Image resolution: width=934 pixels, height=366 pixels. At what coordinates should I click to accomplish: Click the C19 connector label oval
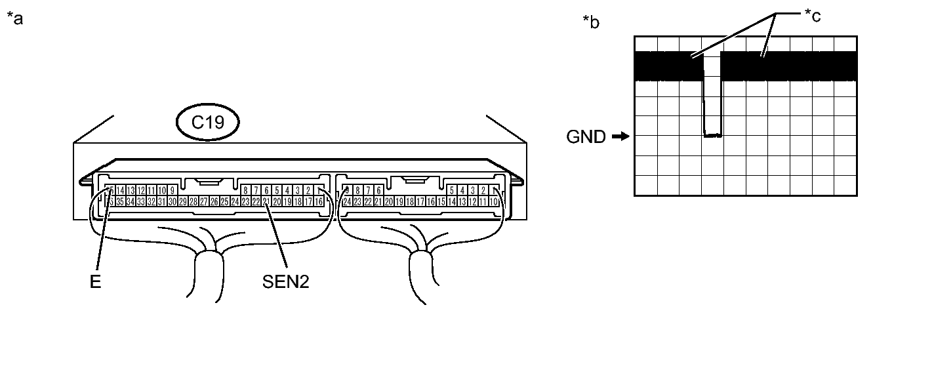pyautogui.click(x=207, y=123)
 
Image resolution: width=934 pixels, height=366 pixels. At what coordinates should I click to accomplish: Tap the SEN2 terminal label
pyautogui.click(x=285, y=282)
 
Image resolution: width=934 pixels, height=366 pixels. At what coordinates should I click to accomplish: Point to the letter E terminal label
pyautogui.click(x=96, y=282)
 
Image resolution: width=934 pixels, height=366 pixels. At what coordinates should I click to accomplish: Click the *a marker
pyautogui.click(x=14, y=18)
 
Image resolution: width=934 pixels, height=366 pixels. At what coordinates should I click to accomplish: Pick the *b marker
pyautogui.click(x=591, y=22)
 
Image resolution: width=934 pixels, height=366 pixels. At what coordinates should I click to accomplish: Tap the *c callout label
pyautogui.click(x=812, y=16)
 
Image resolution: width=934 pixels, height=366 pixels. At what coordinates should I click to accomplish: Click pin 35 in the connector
pyautogui.click(x=121, y=201)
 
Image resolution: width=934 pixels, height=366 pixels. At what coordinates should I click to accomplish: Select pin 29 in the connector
pyautogui.click(x=182, y=201)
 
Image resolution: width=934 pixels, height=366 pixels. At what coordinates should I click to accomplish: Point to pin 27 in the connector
pyautogui.click(x=203, y=201)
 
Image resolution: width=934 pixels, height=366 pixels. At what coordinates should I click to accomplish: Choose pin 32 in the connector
pyautogui.click(x=152, y=201)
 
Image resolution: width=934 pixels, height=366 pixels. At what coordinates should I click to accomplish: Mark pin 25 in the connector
pyautogui.click(x=224, y=201)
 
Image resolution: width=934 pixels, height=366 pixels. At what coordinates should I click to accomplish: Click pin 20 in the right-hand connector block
pyautogui.click(x=389, y=201)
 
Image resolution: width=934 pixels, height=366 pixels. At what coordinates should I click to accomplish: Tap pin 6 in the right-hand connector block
pyautogui.click(x=379, y=190)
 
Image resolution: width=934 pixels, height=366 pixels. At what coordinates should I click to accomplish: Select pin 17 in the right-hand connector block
pyautogui.click(x=420, y=201)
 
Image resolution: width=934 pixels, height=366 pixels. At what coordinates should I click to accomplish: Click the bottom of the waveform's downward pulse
pyautogui.click(x=712, y=136)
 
